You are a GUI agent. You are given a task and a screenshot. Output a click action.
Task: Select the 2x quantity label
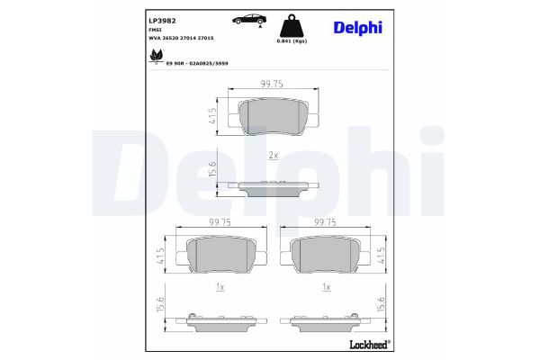point(274,155)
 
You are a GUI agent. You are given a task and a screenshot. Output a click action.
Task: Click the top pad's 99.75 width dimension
point(273,83)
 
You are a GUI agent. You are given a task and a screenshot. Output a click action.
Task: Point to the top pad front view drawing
point(273,115)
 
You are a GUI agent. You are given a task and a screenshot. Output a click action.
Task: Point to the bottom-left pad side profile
point(220,319)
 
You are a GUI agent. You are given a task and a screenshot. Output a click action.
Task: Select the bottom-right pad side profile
point(326,319)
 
